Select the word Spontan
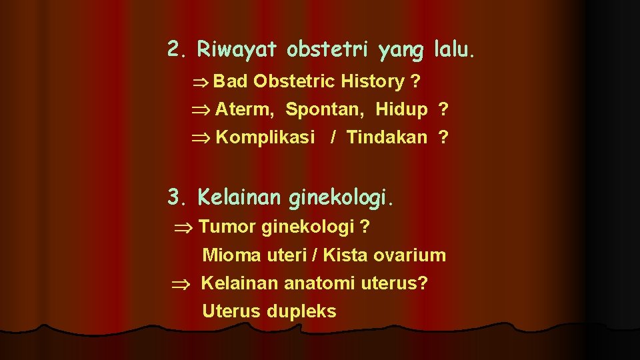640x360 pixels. (x=325, y=109)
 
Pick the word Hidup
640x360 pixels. (x=401, y=109)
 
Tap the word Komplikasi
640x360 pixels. (x=265, y=137)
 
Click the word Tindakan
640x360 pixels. (x=387, y=137)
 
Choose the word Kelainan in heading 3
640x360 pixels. (x=241, y=197)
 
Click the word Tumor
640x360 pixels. (x=227, y=227)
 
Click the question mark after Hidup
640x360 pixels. (x=443, y=109)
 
